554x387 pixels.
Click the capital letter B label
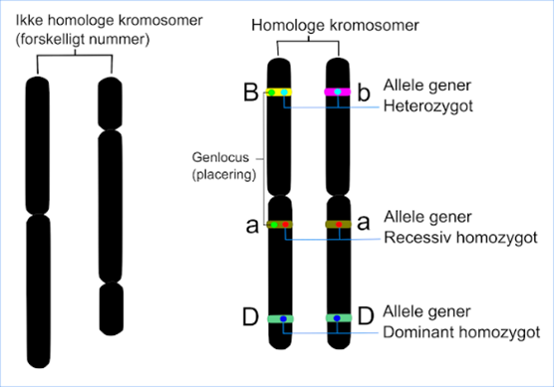pyautogui.click(x=251, y=95)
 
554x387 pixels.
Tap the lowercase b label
pyautogui.click(x=364, y=95)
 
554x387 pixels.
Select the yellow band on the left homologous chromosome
pyautogui.click(x=278, y=93)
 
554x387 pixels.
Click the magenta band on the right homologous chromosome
pyautogui.click(x=339, y=93)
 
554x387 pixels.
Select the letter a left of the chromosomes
pyautogui.click(x=251, y=226)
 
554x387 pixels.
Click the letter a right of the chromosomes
pyautogui.click(x=365, y=226)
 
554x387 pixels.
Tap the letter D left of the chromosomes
pyautogui.click(x=251, y=319)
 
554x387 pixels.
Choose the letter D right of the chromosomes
pyautogui.click(x=365, y=319)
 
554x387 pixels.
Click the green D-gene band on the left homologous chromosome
pyautogui.click(x=280, y=318)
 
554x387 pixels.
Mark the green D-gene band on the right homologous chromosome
pyautogui.click(x=339, y=318)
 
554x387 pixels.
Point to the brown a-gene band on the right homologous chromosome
pyautogui.click(x=339, y=225)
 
